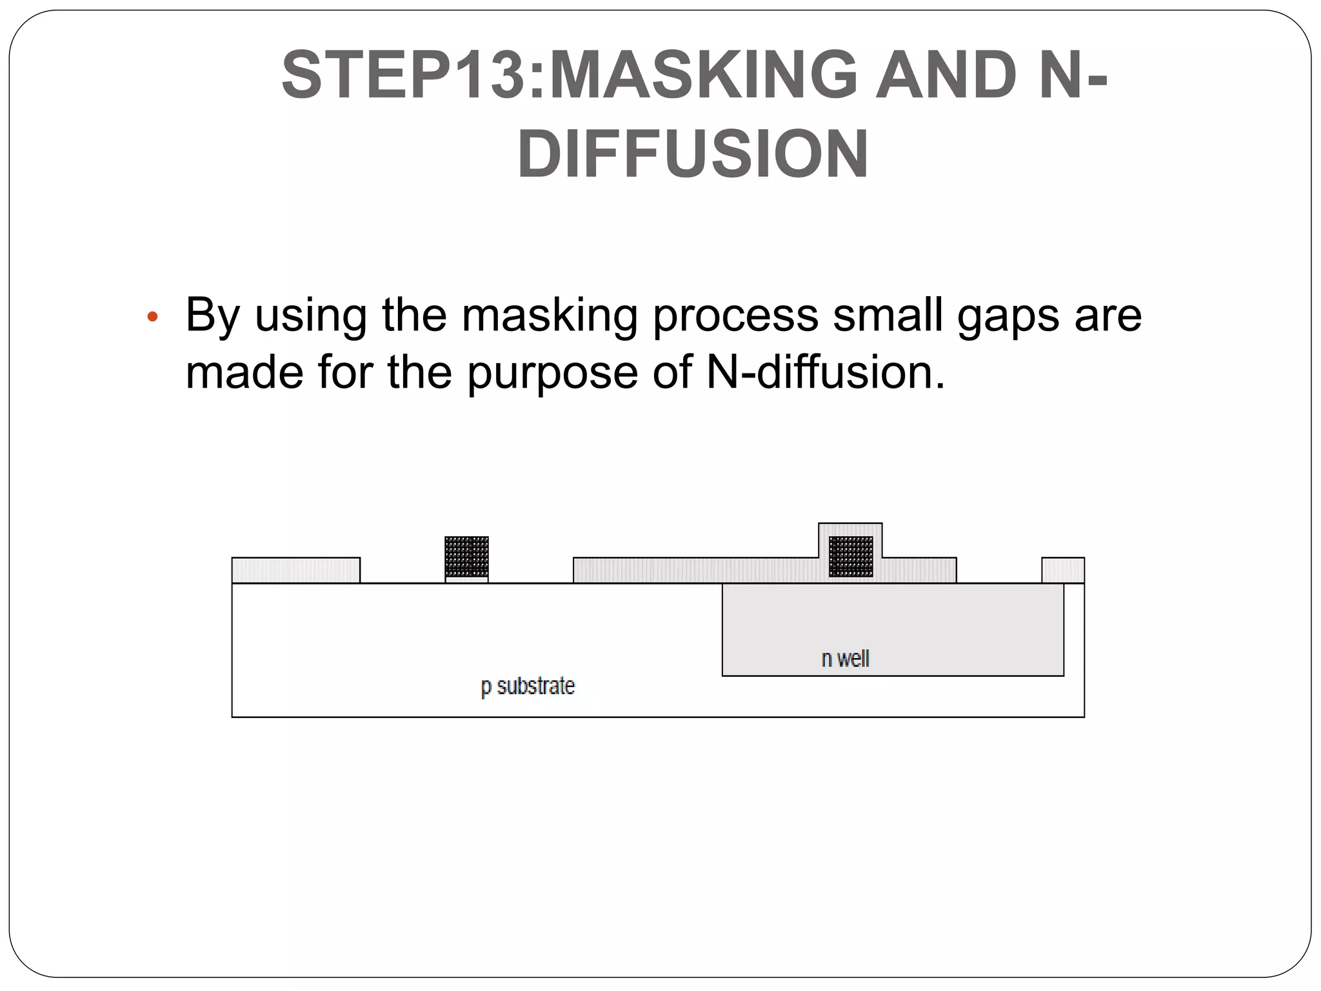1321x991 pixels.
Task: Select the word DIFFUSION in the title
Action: pos(693,155)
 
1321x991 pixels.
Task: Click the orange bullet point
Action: pos(152,316)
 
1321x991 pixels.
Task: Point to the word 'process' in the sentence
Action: pos(735,316)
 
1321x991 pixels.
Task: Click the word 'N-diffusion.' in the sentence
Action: pos(826,372)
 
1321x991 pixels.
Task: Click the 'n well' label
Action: pos(845,659)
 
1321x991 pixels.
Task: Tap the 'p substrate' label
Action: pos(528,686)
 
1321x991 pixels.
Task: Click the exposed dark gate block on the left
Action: pos(466,556)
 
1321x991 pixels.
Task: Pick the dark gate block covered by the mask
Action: pos(851,556)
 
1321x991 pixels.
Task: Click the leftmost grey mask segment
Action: pos(295,570)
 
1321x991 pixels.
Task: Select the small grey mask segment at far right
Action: pos(1063,570)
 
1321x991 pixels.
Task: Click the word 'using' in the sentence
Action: pos(311,316)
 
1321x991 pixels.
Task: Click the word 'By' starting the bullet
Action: pos(213,316)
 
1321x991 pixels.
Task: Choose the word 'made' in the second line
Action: pos(244,372)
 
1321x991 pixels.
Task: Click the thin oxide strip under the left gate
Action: pos(466,580)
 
